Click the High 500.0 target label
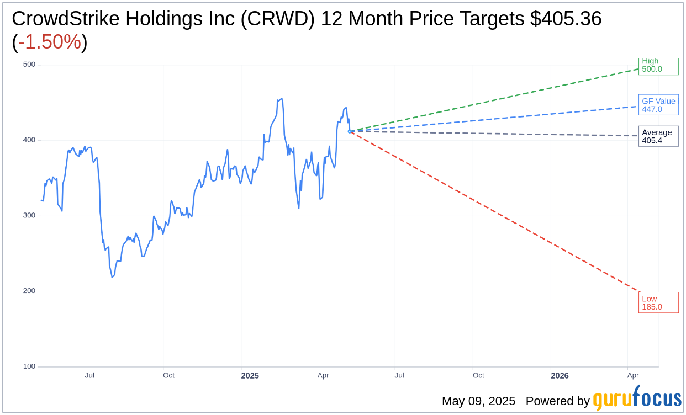[x=658, y=66]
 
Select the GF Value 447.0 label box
[x=658, y=105]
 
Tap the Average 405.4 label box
[x=658, y=136]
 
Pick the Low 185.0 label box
[x=658, y=302]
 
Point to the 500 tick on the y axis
[x=29, y=65]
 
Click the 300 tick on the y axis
[x=29, y=215]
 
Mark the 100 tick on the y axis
[x=29, y=366]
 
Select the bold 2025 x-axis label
[x=250, y=376]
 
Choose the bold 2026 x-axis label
[x=560, y=376]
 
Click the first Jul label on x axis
[x=89, y=375]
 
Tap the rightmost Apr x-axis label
[x=633, y=375]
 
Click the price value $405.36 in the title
[x=566, y=19]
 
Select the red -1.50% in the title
[x=50, y=42]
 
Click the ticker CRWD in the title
[x=282, y=19]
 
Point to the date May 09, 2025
[x=478, y=401]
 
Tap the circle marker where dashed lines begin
[x=350, y=131]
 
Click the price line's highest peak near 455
[x=282, y=99]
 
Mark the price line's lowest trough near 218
[x=112, y=277]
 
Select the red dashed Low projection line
[x=497, y=213]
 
